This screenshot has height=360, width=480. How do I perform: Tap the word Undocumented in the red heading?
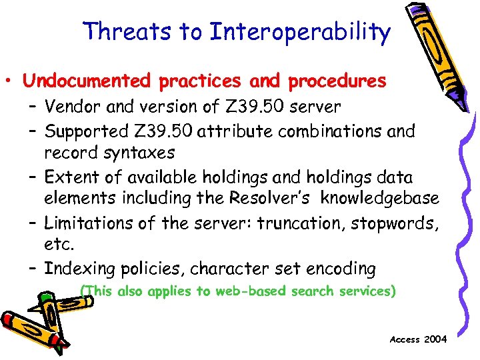[85, 81]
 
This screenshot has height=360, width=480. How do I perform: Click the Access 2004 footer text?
[418, 339]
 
